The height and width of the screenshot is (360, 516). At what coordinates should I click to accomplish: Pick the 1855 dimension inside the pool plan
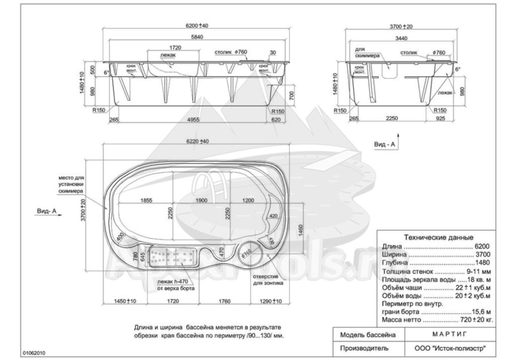click(x=146, y=201)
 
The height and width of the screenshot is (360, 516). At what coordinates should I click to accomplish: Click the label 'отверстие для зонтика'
click(x=265, y=279)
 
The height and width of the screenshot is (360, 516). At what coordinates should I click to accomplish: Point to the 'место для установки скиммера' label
click(x=71, y=184)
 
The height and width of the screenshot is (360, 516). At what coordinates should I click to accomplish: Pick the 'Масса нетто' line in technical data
click(x=437, y=320)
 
